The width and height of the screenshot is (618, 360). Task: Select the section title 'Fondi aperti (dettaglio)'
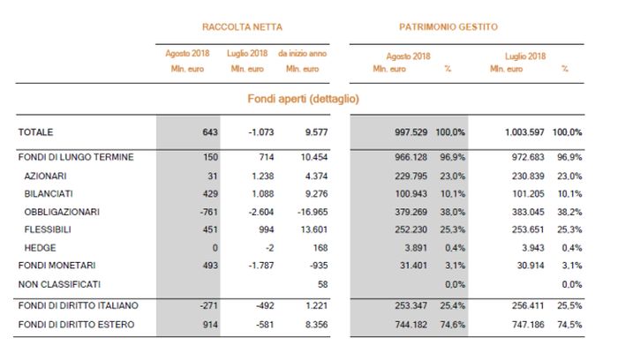pos(303,98)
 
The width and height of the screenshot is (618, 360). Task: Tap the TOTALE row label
pos(36,132)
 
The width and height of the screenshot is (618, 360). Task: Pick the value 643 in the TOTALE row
pos(209,132)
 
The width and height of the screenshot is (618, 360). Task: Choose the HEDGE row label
pos(39,247)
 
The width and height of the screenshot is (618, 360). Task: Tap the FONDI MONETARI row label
pos(56,265)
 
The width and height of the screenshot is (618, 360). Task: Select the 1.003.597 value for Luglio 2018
pos(524,132)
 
